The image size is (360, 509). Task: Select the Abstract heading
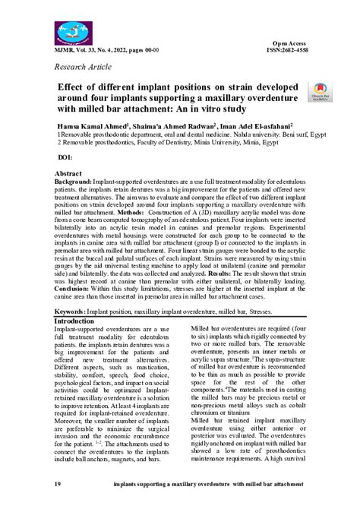[68, 174]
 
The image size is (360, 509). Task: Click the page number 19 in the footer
[56, 485]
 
